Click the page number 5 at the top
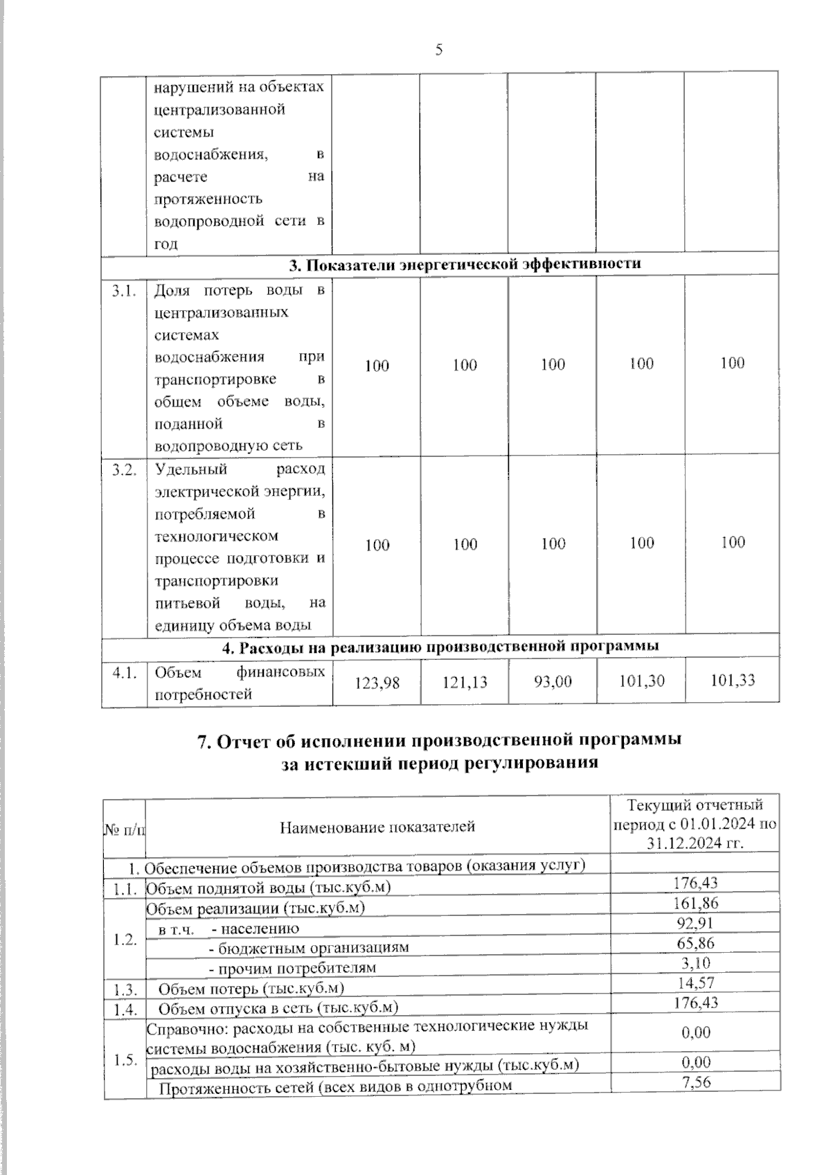pyautogui.click(x=438, y=49)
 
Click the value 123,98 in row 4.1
pyautogui.click(x=377, y=683)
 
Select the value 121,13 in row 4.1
pyautogui.click(x=465, y=683)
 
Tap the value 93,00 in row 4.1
pyautogui.click(x=553, y=682)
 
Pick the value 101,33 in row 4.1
pyautogui.click(x=733, y=681)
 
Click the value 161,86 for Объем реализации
pyautogui.click(x=696, y=904)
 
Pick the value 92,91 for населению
pyautogui.click(x=696, y=923)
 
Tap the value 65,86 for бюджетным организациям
pyautogui.click(x=696, y=943)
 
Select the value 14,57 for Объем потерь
pyautogui.click(x=696, y=983)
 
